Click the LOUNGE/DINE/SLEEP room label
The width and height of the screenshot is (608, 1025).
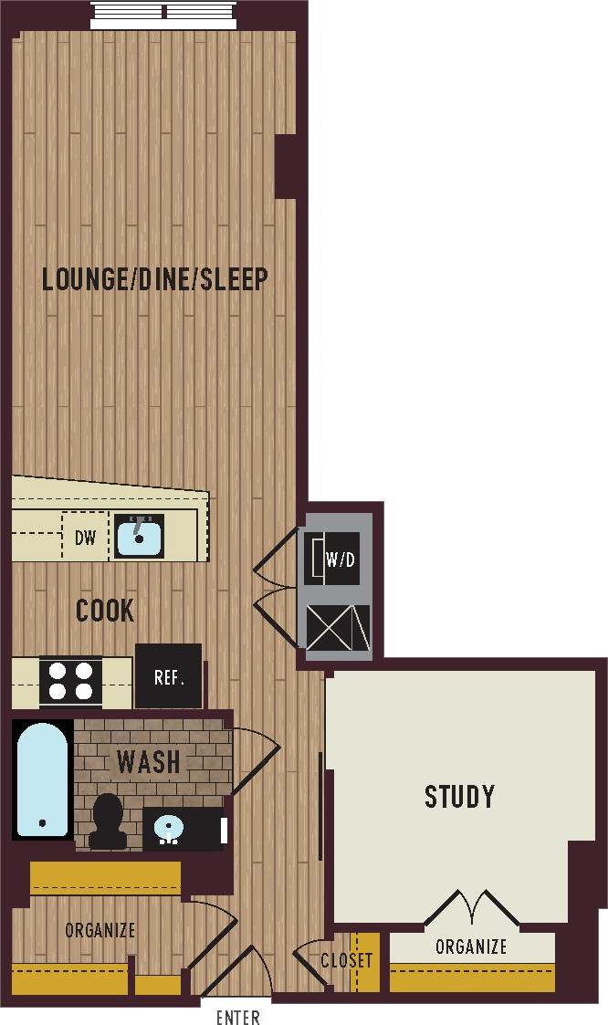pos(155,278)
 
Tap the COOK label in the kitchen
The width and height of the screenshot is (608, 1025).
pos(105,611)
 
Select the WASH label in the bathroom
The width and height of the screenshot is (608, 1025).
pos(148,760)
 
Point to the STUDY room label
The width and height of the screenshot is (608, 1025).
pos(459,797)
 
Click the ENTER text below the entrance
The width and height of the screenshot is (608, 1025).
pos(237,1017)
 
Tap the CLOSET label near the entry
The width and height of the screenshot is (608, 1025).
pos(346,960)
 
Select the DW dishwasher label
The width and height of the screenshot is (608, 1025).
pos(85,538)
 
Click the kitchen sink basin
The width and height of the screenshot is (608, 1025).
pos(138,536)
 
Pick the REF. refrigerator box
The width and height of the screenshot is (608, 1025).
pos(169,676)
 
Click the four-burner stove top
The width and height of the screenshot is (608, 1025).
pos(71,681)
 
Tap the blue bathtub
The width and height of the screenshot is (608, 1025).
pos(42,779)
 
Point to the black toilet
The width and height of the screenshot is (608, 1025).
pos(109,821)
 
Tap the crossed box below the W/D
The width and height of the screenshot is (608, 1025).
pos(338,628)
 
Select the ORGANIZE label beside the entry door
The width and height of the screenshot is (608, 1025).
pos(100,931)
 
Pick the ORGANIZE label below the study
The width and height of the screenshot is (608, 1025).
pos(470,947)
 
